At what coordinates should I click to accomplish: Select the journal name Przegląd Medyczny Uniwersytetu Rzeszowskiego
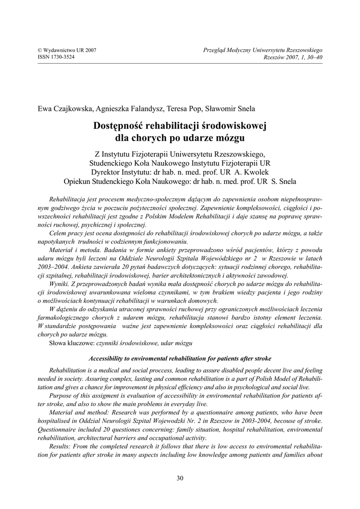(x=263, y=51)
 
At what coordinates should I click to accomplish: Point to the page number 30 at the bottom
(x=180, y=478)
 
